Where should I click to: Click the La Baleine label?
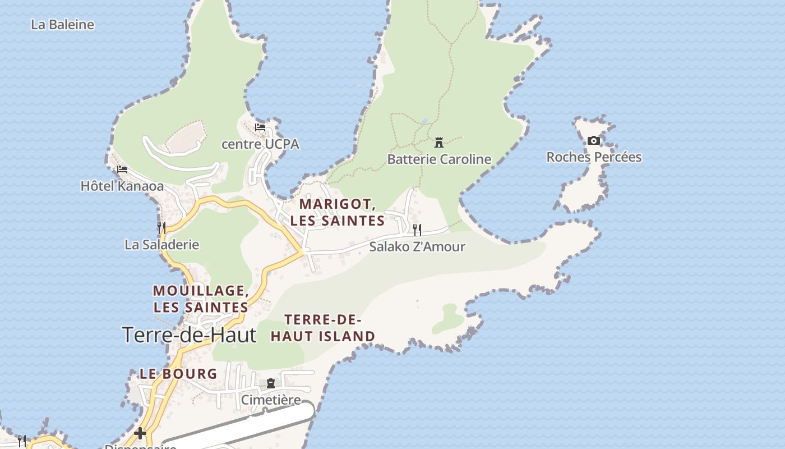(x=62, y=25)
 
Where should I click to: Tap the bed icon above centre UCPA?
(x=260, y=127)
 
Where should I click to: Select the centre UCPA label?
(x=260, y=144)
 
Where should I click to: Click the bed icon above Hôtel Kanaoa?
(x=122, y=169)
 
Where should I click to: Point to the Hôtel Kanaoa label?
(x=122, y=186)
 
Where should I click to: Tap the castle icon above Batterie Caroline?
(x=439, y=142)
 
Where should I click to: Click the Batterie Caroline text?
(x=439, y=159)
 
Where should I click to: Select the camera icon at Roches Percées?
(x=594, y=141)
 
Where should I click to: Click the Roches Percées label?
(x=594, y=157)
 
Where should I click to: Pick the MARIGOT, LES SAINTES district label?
(x=338, y=212)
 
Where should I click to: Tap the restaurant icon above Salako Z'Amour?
(x=417, y=230)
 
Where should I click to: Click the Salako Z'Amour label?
(x=417, y=246)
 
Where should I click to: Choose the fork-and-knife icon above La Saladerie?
(x=161, y=227)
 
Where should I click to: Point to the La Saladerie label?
(x=161, y=245)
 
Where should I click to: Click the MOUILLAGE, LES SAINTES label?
(x=201, y=299)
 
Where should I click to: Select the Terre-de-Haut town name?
(x=189, y=335)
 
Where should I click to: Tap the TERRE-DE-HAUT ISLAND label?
(x=323, y=328)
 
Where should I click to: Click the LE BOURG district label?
(x=178, y=374)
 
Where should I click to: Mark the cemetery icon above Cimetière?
(x=271, y=383)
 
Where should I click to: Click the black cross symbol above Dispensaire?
(x=140, y=433)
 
